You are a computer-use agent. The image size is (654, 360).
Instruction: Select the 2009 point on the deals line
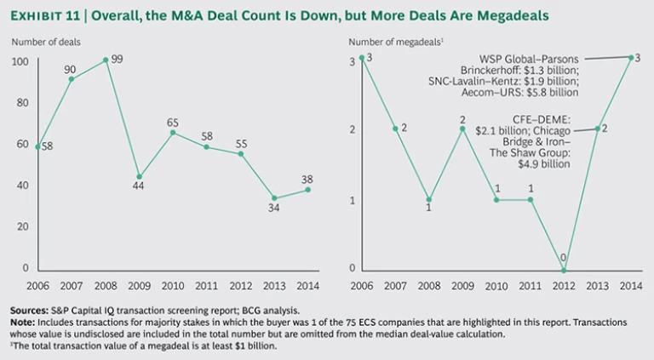(x=139, y=177)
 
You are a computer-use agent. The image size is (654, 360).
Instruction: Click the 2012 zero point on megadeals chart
(x=564, y=271)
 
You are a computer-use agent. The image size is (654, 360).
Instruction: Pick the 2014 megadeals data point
(x=630, y=58)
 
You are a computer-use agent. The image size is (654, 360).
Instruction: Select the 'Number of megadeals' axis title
(x=394, y=42)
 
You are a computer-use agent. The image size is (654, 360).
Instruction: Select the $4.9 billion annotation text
(x=541, y=164)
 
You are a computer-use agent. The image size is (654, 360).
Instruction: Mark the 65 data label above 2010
(x=173, y=122)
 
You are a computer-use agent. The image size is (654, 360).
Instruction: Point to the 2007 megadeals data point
(x=395, y=129)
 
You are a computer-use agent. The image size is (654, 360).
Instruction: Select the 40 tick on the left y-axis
(x=23, y=186)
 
